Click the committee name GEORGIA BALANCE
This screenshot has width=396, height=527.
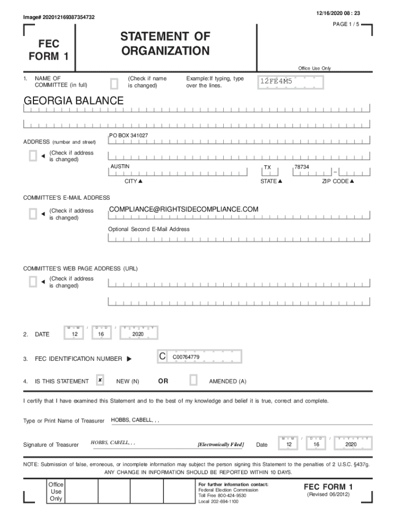click(74, 101)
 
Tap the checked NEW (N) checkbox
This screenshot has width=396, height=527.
click(100, 380)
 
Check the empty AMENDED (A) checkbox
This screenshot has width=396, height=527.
click(193, 380)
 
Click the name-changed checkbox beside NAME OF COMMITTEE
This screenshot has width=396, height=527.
click(114, 82)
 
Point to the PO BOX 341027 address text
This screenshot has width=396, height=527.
click(129, 135)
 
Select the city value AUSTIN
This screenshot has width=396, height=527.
click(120, 166)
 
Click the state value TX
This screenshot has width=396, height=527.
click(267, 167)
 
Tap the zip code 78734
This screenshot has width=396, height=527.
click(302, 167)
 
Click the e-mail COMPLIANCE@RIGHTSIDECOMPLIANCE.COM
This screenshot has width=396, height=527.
click(184, 209)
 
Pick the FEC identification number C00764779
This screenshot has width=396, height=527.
click(186, 357)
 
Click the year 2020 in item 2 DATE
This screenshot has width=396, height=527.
click(137, 335)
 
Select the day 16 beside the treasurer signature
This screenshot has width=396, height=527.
click(317, 444)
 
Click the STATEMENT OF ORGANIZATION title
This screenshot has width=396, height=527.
click(165, 44)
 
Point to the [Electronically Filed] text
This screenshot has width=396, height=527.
click(221, 444)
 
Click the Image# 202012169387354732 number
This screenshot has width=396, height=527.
click(59, 17)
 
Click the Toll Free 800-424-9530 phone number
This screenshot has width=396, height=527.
click(222, 496)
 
